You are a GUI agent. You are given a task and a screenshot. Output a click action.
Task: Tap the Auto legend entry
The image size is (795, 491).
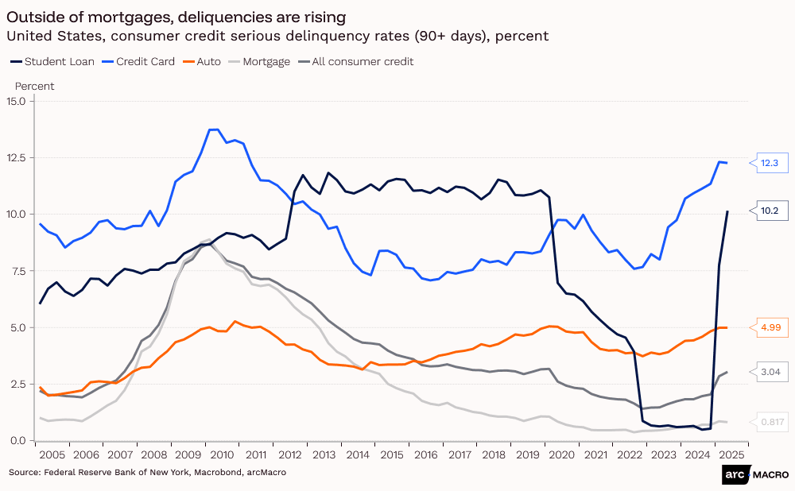(203, 61)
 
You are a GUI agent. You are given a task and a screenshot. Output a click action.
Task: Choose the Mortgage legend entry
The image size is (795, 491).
(260, 61)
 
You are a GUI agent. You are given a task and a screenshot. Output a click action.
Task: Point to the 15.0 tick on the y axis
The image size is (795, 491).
(16, 101)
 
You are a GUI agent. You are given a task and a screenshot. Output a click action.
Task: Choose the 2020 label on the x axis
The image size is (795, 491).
(562, 454)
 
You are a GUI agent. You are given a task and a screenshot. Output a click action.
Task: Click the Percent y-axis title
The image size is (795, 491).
(34, 86)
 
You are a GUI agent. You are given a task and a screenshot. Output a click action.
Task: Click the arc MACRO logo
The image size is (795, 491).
(755, 474)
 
